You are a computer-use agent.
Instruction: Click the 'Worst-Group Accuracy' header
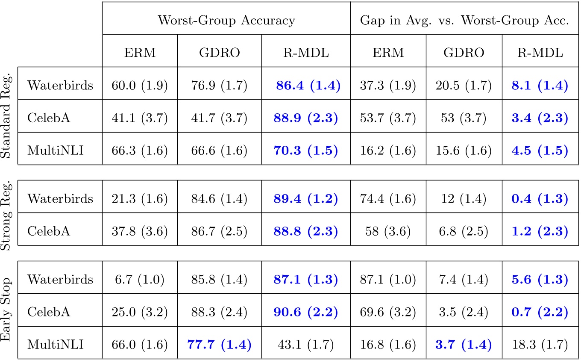[226, 21]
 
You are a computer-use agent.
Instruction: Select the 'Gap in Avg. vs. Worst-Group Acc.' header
[465, 21]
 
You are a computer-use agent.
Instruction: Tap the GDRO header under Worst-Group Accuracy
[219, 52]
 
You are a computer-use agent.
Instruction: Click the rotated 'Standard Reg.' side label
[8, 116]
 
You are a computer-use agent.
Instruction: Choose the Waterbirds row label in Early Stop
[60, 279]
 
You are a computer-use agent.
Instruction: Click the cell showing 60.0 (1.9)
[140, 85]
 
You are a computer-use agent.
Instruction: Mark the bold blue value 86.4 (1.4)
[308, 85]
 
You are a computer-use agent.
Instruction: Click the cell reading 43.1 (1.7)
[306, 344]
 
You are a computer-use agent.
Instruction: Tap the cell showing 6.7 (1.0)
[140, 279]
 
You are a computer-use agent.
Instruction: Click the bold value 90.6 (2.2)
[306, 312]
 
